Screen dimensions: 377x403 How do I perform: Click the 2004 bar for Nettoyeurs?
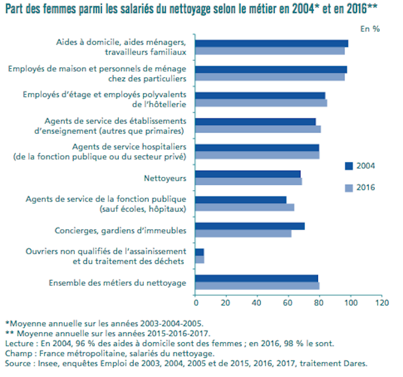248,174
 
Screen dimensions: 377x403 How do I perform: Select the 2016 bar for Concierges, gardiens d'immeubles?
243,233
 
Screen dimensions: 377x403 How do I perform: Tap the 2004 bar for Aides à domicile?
272,43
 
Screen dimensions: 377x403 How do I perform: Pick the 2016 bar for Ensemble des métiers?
257,286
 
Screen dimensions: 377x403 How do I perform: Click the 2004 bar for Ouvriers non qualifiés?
199,252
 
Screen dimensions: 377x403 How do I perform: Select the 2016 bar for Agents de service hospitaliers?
257,155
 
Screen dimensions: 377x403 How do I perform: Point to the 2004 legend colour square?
349,166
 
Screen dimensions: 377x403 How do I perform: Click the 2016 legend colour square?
349,187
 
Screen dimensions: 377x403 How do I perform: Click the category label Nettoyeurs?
165,178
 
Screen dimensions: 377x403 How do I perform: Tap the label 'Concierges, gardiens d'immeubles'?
120,231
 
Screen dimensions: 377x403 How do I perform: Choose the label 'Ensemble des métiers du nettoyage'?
118,282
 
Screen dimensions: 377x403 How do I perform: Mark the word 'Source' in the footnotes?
17,364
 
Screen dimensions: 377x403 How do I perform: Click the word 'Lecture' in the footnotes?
19,343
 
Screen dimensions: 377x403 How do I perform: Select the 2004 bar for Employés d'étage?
260,96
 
